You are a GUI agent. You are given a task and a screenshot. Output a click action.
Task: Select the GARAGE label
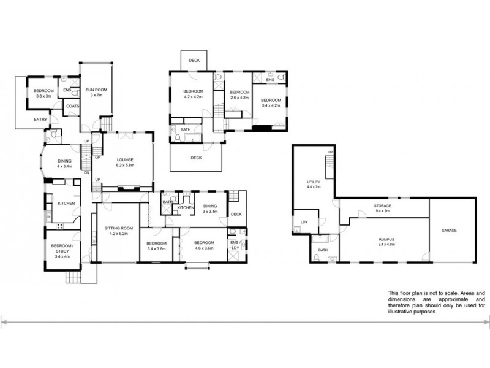[449, 231]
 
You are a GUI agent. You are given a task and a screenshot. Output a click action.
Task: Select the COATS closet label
[72, 105]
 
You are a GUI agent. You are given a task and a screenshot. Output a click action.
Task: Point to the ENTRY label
[40, 120]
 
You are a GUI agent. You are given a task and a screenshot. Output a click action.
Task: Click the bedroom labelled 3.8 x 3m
[43, 93]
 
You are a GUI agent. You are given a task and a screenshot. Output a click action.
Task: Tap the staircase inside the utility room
[330, 162]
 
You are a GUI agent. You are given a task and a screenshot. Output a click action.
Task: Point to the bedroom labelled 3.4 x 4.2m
[270, 102]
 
